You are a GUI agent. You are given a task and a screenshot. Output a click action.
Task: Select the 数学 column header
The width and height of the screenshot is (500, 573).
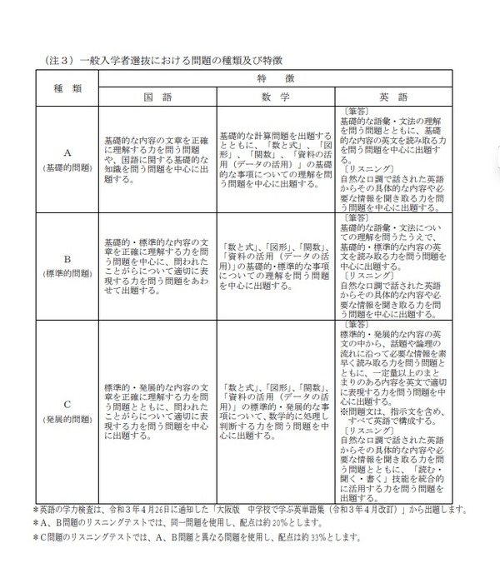pos(276,96)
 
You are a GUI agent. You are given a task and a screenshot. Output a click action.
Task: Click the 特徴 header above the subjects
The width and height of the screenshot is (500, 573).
pos(277,77)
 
